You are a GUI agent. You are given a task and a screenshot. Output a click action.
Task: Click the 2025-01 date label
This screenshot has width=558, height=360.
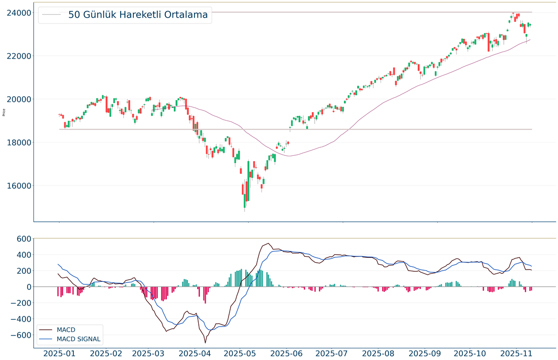[59, 353]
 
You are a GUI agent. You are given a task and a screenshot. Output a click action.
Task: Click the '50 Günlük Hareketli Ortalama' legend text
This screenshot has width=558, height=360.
[138, 15]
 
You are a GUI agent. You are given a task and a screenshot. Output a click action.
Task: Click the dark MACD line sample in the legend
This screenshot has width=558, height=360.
[46, 330]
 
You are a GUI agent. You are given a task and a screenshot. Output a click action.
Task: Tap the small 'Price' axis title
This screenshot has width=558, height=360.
[4, 112]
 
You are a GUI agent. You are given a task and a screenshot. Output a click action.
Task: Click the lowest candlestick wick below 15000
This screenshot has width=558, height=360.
[244, 211]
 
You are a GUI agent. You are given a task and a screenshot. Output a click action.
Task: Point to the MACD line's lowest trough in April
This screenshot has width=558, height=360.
[205, 342]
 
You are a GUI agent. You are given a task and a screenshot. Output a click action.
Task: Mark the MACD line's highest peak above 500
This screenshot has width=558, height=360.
[269, 244]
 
